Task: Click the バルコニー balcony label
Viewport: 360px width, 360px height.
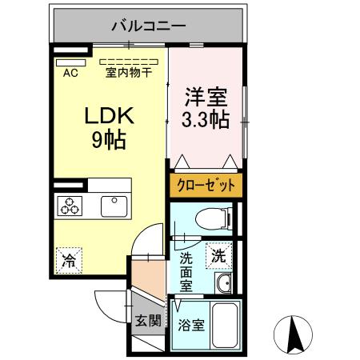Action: click(149, 24)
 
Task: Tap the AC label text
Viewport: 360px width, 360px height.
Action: click(70, 74)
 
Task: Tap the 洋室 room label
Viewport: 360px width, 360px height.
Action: click(206, 99)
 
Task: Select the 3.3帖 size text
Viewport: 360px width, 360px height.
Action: click(206, 121)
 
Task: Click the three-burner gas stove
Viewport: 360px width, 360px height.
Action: click(70, 207)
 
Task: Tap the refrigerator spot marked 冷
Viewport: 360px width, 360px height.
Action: click(70, 260)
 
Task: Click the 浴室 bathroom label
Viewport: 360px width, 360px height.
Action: click(190, 326)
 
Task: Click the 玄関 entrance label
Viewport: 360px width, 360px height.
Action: click(148, 322)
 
